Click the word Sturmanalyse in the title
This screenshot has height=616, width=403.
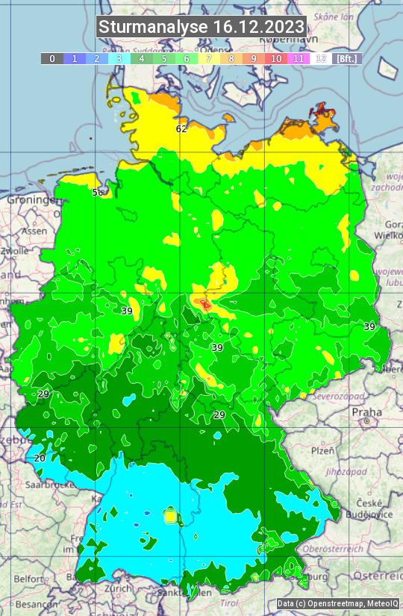(x=153, y=28)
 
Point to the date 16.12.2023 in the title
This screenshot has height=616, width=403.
(x=258, y=28)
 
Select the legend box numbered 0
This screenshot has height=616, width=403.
(x=51, y=58)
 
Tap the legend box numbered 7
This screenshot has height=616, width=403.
(x=209, y=58)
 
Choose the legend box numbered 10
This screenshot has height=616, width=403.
(x=276, y=58)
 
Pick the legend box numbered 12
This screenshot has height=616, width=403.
(x=321, y=58)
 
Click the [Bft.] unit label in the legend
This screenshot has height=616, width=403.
(x=346, y=58)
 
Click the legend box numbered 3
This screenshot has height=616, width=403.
(x=119, y=58)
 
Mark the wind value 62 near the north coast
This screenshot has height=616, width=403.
(x=181, y=128)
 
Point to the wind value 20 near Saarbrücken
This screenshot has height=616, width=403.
(x=40, y=458)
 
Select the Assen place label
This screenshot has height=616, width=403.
(x=34, y=231)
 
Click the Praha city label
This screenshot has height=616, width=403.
(x=366, y=411)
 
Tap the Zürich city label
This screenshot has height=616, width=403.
(x=119, y=588)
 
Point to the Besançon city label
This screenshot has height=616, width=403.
(x=31, y=603)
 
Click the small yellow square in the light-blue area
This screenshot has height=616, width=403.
(x=170, y=515)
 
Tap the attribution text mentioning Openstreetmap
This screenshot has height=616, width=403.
(x=337, y=603)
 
